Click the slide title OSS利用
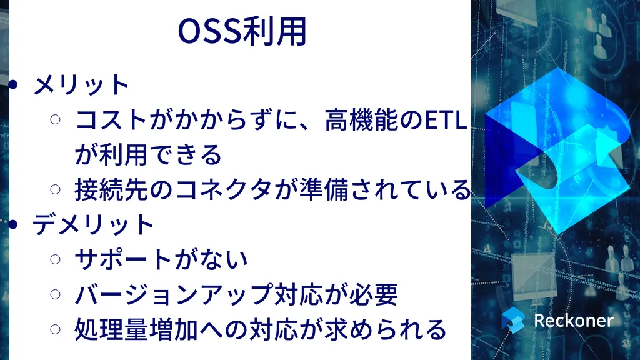coord(242,31)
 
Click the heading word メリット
coord(81,85)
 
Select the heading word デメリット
coord(93,224)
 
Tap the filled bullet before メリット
coord(13,84)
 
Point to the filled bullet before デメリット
coord(13,224)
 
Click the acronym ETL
coord(446,121)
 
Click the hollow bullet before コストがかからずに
coord(56,119)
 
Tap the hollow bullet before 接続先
coord(56,189)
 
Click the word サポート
coord(123,259)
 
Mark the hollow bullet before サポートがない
coord(56,259)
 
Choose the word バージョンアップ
coord(173,294)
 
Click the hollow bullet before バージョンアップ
coord(56,294)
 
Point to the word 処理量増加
coord(136,329)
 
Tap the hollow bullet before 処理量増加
coord(56,329)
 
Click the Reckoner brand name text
coord(574,321)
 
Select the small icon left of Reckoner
coord(513,319)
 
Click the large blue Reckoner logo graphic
coord(557,151)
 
